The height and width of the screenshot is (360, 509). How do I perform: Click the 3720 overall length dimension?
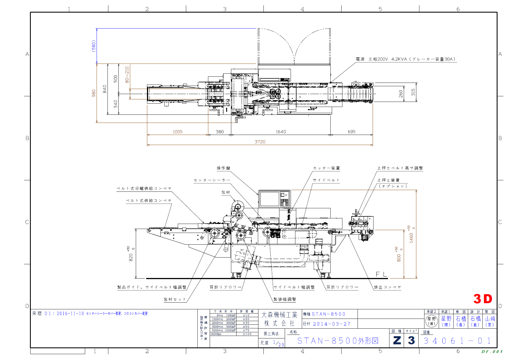coord(260,142)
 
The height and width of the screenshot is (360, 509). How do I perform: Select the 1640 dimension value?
coord(281,132)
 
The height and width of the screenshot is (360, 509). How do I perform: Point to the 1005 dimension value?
coord(178,132)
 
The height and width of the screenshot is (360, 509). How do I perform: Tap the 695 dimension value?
coord(351,132)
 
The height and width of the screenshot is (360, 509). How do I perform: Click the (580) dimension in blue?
coord(94,46)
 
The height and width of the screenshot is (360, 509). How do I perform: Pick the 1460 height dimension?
coord(411,238)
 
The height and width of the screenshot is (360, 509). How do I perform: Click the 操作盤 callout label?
coord(223,168)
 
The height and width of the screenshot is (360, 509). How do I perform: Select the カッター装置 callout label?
coord(326,168)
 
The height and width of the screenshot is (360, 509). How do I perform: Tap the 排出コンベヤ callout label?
coord(387,287)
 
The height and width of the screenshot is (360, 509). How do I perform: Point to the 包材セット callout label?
coord(175,299)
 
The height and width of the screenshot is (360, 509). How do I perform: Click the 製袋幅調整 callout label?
coord(285,299)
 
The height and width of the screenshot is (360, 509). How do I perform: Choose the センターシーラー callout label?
coord(212,180)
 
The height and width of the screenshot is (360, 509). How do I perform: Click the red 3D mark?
coord(483,299)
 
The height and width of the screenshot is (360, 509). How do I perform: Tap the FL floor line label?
coord(381,274)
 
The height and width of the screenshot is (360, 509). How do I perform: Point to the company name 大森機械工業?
coord(279,315)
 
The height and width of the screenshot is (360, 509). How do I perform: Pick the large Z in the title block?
coord(397,340)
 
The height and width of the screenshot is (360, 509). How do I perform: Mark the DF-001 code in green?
coord(492,352)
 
